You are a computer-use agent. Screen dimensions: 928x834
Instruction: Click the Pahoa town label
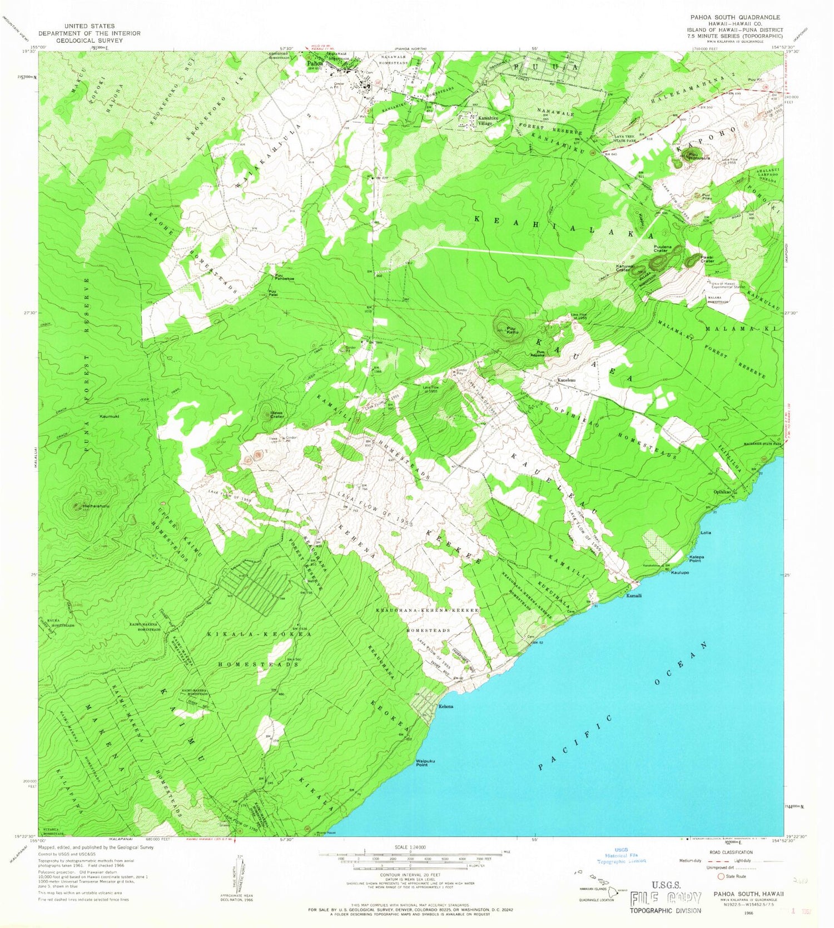(315, 63)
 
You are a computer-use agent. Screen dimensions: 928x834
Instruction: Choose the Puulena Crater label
(661, 250)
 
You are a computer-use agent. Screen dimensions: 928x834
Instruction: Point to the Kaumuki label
(110, 416)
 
